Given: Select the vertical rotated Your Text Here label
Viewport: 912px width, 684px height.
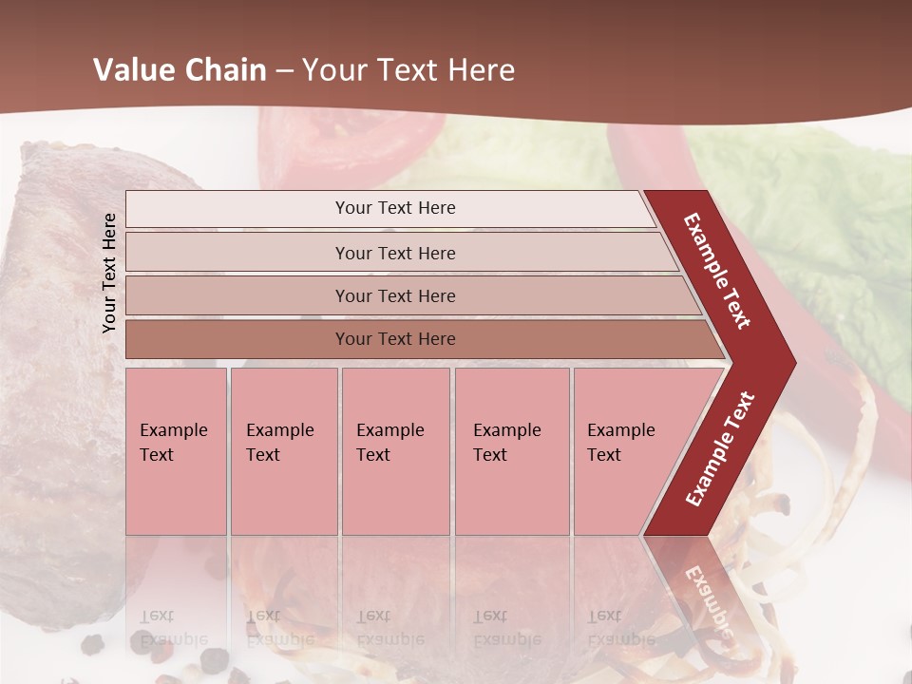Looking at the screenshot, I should tap(109, 273).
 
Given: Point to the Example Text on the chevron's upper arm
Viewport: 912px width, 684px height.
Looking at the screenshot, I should tap(717, 271).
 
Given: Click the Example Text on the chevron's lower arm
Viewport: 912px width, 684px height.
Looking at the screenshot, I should tap(720, 449).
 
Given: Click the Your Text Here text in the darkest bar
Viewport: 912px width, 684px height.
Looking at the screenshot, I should tap(395, 339).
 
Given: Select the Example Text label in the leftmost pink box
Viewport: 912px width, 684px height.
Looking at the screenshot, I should tap(173, 442).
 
